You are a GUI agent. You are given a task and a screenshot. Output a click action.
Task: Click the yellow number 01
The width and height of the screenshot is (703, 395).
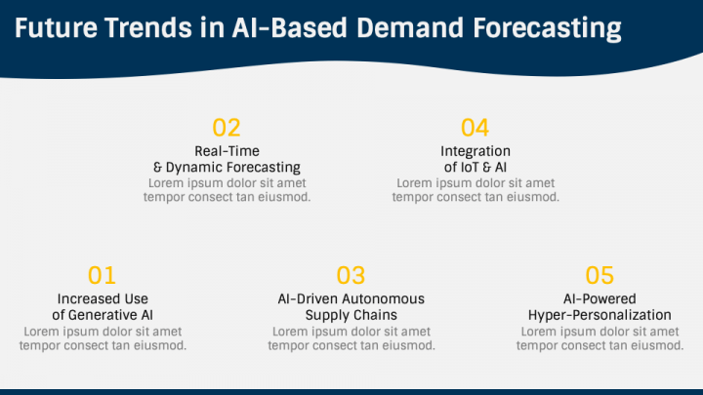tap(102, 275)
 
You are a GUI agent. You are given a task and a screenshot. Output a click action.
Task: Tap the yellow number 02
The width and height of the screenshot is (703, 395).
tap(227, 128)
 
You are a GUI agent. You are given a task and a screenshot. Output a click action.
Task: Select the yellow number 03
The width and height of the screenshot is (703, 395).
tap(351, 275)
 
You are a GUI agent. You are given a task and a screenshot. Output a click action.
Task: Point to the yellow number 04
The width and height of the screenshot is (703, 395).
tap(476, 128)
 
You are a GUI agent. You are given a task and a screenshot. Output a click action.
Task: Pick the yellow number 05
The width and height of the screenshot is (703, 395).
tap(600, 275)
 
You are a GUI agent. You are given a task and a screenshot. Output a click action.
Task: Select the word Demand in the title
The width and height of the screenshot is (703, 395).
tap(410, 27)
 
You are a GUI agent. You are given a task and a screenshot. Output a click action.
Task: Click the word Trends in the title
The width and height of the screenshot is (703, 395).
tap(148, 27)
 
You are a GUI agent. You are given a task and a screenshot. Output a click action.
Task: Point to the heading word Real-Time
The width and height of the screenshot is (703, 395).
tap(227, 151)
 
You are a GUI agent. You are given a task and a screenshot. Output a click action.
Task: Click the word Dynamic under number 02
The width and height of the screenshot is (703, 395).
tap(193, 168)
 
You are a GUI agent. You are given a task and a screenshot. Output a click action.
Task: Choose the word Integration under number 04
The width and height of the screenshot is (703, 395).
tap(476, 152)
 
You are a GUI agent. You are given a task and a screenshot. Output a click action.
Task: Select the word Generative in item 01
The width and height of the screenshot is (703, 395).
tap(103, 315)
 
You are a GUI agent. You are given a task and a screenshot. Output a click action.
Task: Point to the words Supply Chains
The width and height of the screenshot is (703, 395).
tap(351, 316)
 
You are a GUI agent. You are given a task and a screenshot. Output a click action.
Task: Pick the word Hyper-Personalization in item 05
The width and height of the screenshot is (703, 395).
tap(600, 316)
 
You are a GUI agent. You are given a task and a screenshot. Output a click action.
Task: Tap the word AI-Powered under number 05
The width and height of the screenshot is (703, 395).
tap(600, 298)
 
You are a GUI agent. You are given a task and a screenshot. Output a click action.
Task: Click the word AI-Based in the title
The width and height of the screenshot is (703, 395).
tap(290, 27)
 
